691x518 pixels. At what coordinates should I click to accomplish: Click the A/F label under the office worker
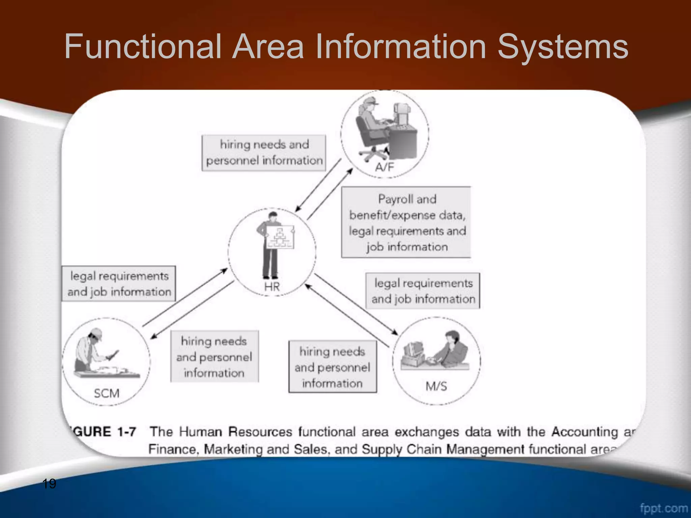coord(384,167)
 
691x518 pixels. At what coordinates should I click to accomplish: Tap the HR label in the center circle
coord(272,287)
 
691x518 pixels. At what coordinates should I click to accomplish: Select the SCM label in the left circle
coord(107,393)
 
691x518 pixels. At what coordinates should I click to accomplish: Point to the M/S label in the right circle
coord(436,386)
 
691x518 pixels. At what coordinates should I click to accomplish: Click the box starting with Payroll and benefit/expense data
coord(406,223)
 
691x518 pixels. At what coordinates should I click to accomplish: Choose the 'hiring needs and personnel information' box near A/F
coord(264,153)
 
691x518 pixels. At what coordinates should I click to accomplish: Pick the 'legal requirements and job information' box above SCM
coord(119,284)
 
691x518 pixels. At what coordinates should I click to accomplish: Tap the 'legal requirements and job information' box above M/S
coord(423,291)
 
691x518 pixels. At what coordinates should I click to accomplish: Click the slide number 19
coord(49,484)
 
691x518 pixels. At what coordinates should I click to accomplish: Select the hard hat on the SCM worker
coord(97,334)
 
